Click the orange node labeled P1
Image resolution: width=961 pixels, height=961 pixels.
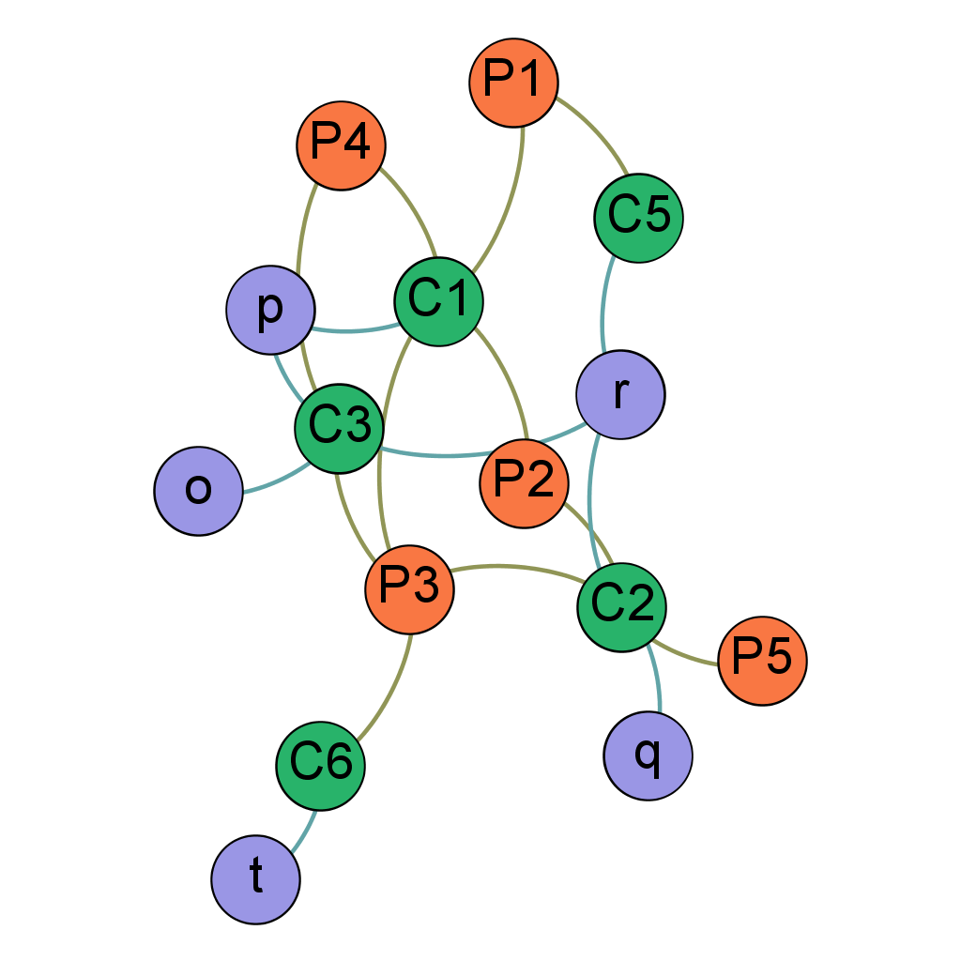pos(513,83)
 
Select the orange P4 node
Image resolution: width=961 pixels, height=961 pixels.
pos(341,145)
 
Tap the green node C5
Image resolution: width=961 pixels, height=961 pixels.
pos(638,218)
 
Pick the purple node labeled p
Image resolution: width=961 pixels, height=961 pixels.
pos(270,309)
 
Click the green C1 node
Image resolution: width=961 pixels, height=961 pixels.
pos(438,302)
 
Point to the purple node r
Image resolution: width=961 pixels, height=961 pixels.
pos(620,394)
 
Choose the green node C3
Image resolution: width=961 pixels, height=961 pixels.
pos(340,427)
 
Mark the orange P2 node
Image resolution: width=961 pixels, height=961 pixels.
pos(524,482)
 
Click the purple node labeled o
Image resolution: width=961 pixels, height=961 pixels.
pos(199,491)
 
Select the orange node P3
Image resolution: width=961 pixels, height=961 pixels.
pos(409,589)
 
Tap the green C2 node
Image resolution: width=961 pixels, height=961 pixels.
pos(621,605)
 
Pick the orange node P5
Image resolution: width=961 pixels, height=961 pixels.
pos(762,661)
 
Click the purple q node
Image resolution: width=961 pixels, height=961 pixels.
pos(648,755)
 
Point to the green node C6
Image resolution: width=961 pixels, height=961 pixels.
pos(320,765)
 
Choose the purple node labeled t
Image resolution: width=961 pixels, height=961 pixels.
pos(255,879)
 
